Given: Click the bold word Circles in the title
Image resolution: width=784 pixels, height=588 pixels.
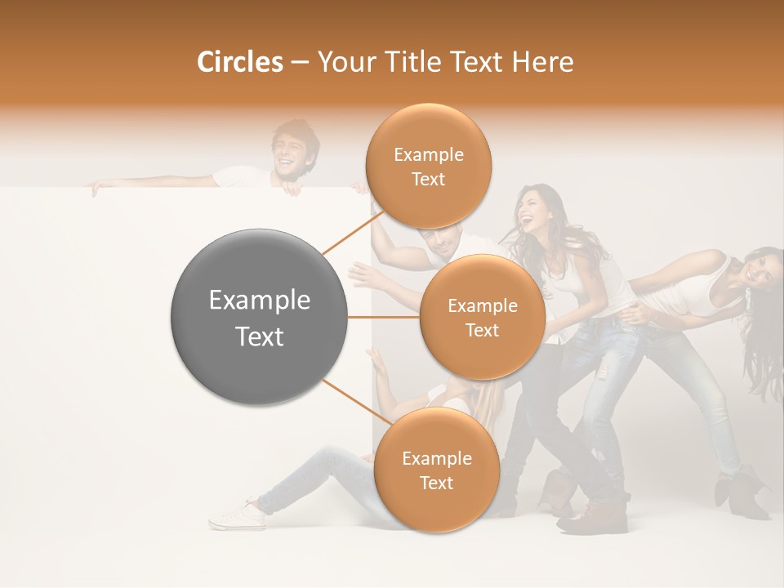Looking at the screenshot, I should (x=239, y=62).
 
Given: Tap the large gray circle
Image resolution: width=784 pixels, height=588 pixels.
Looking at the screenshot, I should (x=259, y=317).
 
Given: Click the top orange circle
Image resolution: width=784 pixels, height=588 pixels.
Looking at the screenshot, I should (x=428, y=167).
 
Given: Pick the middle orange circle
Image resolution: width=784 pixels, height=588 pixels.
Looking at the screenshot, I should (x=482, y=317).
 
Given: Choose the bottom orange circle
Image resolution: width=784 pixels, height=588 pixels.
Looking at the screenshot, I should (x=436, y=470).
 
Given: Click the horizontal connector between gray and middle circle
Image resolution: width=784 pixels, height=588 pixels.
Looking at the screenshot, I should (x=384, y=317).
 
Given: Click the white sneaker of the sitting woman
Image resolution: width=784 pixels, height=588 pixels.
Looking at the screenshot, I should (x=237, y=514).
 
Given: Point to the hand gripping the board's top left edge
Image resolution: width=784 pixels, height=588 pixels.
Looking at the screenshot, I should (x=96, y=188).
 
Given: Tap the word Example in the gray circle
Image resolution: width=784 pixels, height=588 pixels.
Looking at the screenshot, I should (x=259, y=301).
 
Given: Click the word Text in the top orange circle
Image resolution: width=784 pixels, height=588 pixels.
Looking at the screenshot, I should (x=428, y=179).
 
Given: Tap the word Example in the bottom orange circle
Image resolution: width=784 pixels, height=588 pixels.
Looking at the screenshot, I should (x=436, y=458).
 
